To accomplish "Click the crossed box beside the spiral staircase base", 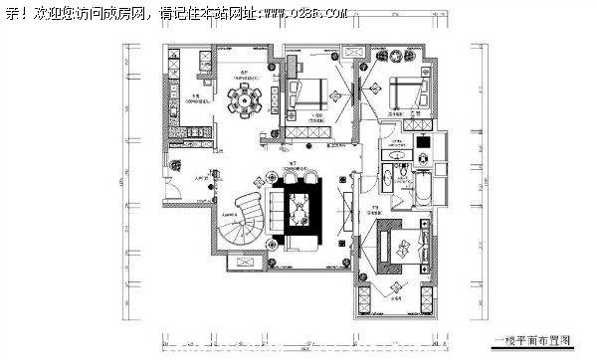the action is pyautogui.click(x=242, y=264).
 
